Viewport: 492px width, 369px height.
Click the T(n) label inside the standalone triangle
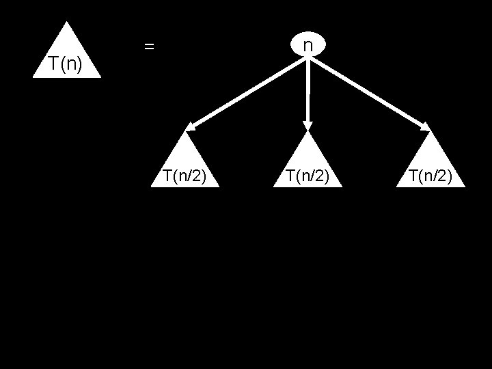[66, 65]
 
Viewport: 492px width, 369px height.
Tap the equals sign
[149, 47]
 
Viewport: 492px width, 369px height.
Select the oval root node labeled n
[307, 45]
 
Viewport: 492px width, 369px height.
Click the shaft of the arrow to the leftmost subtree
[249, 92]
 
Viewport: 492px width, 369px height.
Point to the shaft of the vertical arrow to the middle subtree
[307, 89]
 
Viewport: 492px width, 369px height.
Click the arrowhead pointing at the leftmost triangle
[190, 126]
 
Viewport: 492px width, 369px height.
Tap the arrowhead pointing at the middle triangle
[307, 126]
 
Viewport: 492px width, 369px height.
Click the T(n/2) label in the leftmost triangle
[184, 176]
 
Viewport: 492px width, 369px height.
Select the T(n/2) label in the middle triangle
[307, 176]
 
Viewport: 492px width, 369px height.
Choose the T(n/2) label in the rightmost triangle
[430, 176]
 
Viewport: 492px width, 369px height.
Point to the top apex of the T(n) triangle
[66, 23]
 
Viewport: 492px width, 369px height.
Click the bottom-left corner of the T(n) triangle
[33, 77]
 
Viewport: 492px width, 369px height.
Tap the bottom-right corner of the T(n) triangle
[100, 77]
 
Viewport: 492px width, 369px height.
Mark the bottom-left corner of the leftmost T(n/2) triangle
[152, 186]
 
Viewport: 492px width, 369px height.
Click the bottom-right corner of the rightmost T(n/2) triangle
[464, 186]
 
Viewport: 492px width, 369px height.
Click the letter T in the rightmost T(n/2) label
[413, 176]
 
